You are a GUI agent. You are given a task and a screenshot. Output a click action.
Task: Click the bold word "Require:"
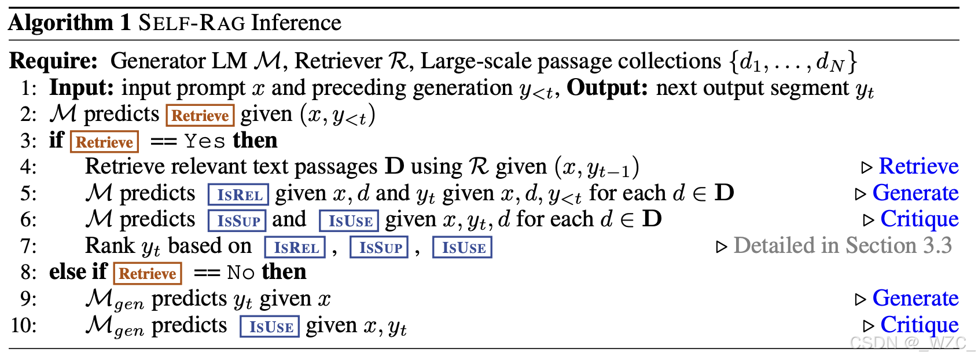[x=54, y=61]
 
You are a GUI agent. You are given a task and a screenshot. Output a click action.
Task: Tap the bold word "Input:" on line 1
[x=82, y=88]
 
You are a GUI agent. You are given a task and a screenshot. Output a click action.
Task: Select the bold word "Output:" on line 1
[x=608, y=88]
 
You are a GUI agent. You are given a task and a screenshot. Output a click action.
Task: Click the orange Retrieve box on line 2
[x=200, y=115]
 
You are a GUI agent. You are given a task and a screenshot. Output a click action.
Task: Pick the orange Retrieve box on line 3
[x=104, y=142]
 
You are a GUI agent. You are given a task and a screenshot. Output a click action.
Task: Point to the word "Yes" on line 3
[x=205, y=141]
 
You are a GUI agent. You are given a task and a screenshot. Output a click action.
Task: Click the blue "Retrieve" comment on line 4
[x=918, y=167]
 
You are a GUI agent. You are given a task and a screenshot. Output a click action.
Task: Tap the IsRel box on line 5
[x=238, y=194]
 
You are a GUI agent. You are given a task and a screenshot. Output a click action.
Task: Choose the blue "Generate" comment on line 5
[x=915, y=193]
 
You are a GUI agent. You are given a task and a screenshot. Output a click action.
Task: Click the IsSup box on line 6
[x=237, y=221]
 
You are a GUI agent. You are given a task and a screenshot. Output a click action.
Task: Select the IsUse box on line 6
[x=349, y=221]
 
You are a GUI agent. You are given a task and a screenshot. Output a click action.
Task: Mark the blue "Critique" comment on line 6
[x=919, y=219]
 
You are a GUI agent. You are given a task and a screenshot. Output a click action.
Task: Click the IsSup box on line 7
[x=380, y=247]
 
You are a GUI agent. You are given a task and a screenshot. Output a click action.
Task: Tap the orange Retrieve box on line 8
[x=148, y=273]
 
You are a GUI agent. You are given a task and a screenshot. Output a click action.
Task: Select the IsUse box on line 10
[x=270, y=326]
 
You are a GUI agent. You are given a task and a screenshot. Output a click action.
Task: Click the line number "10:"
[x=23, y=325]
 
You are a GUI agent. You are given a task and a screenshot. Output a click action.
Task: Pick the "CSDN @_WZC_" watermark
[x=912, y=343]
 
